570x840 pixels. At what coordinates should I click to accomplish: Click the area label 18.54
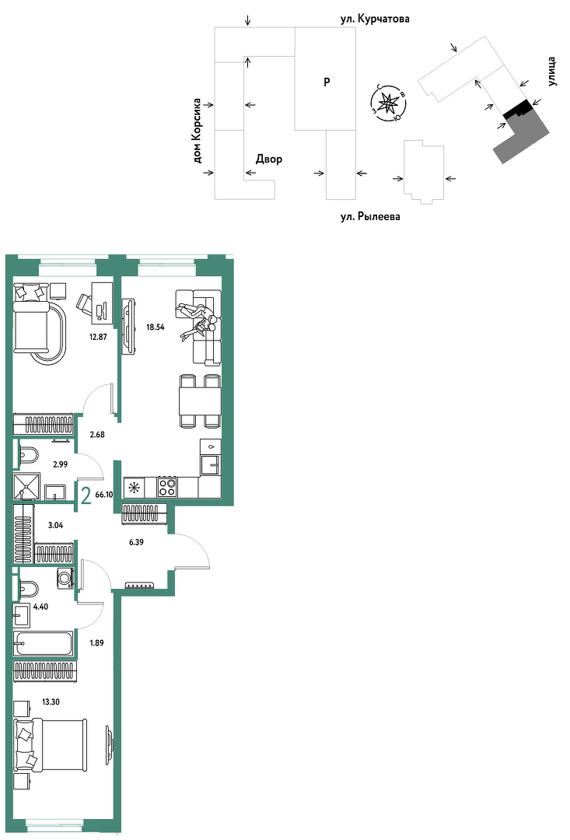tap(156, 327)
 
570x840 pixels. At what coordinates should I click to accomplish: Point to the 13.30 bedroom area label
tap(51, 702)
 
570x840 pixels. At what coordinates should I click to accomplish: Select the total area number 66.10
tap(104, 495)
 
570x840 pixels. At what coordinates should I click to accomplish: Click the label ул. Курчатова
tap(375, 19)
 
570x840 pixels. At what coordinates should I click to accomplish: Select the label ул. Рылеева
tap(370, 217)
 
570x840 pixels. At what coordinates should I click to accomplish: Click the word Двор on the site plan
tap(269, 159)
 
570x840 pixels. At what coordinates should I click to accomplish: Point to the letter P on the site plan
tap(327, 82)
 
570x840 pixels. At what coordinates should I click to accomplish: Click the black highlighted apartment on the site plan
tap(517, 110)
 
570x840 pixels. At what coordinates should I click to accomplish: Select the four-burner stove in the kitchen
tap(167, 488)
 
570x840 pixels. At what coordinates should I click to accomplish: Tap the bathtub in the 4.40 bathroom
tap(44, 643)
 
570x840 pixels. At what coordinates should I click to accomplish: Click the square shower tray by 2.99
tap(26, 485)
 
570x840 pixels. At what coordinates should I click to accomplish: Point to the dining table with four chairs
tap(200, 402)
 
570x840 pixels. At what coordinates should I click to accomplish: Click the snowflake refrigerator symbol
tap(134, 488)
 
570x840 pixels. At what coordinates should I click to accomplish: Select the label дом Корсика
tap(198, 130)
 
